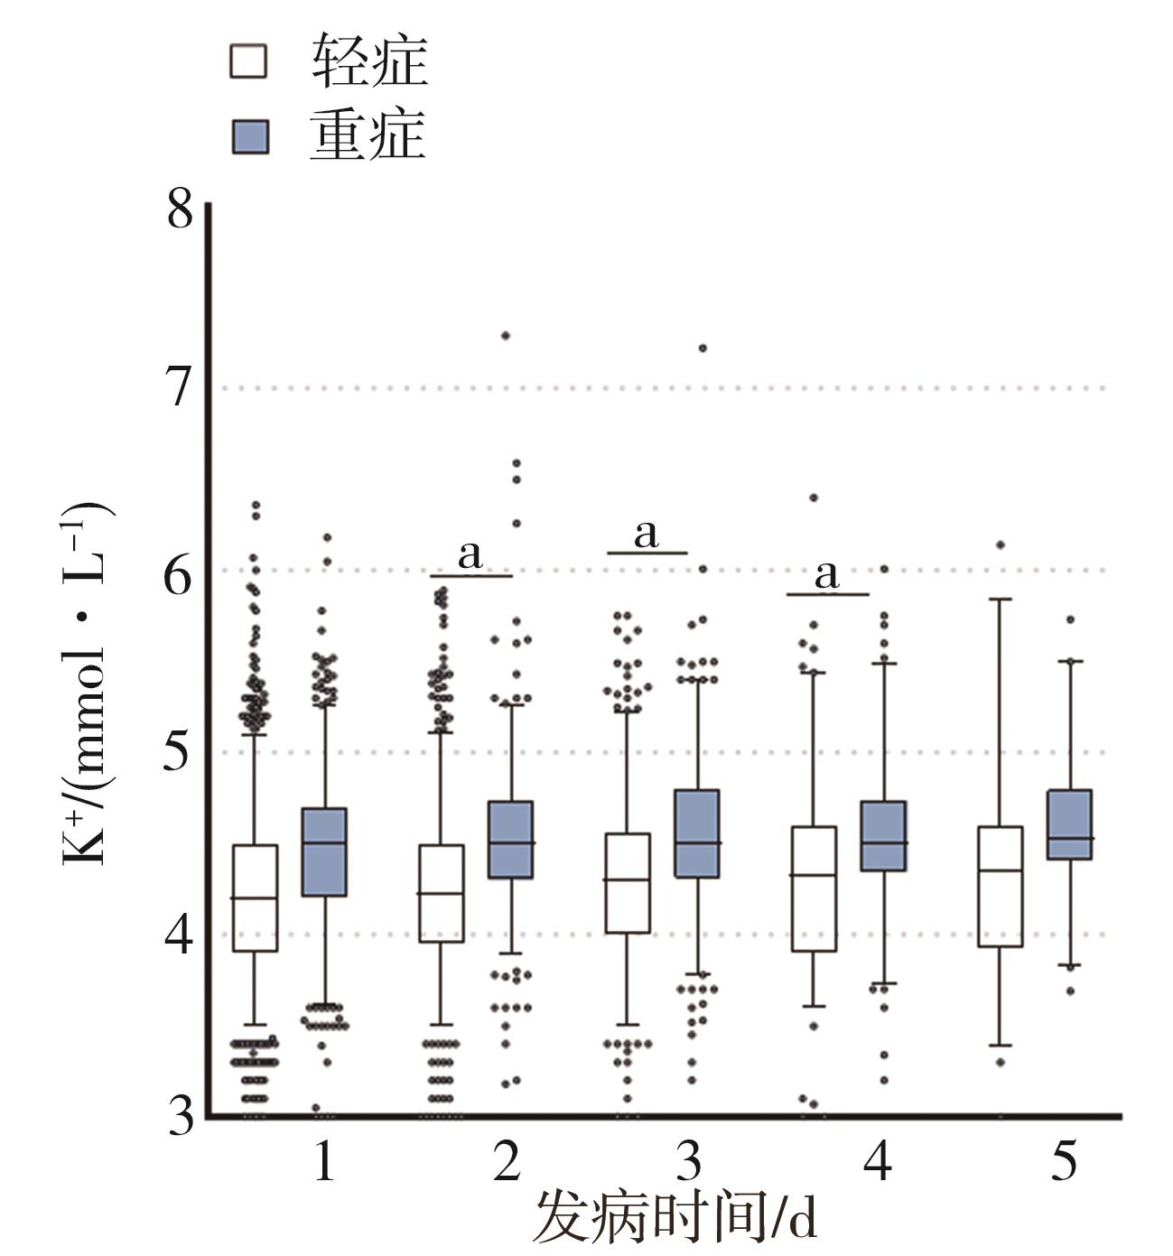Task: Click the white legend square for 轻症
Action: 250,63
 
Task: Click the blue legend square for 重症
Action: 250,137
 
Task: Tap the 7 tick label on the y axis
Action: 180,389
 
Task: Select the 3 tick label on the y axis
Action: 180,1118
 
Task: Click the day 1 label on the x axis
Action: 325,1163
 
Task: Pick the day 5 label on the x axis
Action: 1066,1163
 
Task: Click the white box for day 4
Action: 814,889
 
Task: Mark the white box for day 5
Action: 1001,887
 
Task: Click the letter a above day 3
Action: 647,535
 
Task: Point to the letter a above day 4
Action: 826,575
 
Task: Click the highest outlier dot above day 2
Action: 506,336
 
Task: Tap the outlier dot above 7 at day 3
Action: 703,348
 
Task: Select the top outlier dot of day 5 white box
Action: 1001,544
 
